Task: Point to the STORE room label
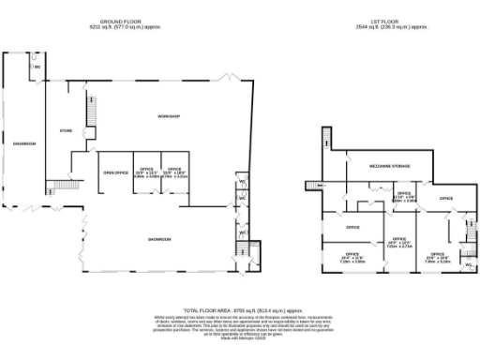point(66,130)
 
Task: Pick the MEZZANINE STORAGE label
point(378,165)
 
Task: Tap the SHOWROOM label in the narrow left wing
point(23,143)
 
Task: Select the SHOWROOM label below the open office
point(158,240)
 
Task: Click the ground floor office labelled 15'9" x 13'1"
point(147,172)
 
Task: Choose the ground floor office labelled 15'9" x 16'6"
point(174,172)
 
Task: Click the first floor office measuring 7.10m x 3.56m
point(352,255)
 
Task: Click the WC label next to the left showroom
point(37,67)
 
